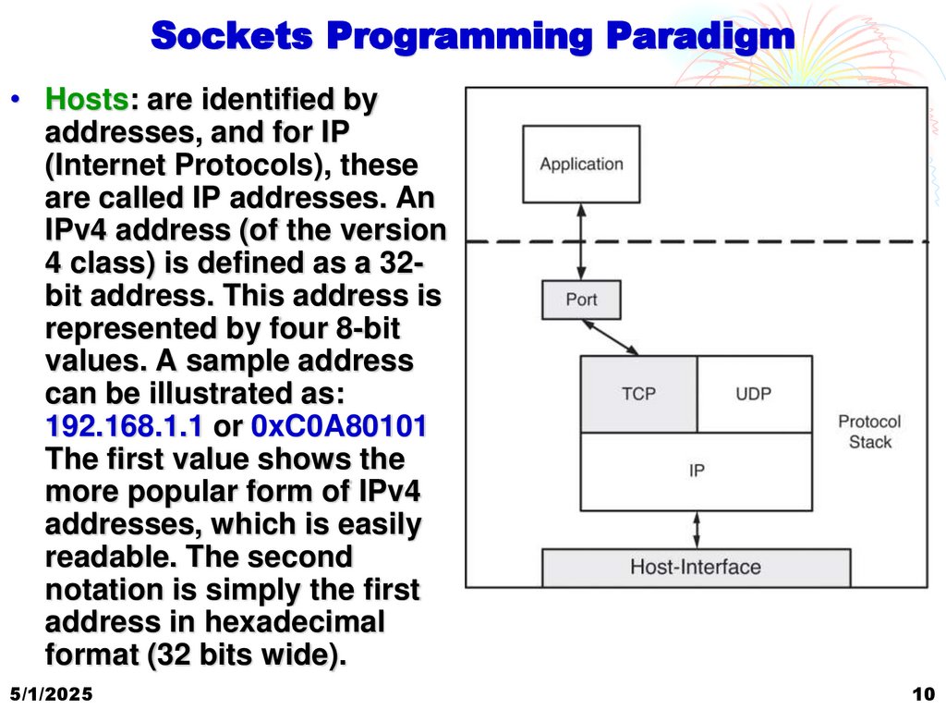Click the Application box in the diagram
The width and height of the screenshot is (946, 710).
581,165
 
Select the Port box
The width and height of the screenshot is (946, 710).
581,300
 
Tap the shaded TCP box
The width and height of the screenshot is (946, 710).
638,394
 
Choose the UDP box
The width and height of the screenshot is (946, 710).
754,394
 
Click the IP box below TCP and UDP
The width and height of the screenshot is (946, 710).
697,471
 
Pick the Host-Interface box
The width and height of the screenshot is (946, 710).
695,567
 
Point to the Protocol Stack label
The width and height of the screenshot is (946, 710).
869,432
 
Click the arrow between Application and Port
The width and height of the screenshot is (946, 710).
581,241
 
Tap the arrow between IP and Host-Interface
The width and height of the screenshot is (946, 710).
697,530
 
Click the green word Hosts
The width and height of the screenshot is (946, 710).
86,100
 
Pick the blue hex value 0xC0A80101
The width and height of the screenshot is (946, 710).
338,427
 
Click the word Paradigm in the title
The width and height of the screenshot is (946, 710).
699,36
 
